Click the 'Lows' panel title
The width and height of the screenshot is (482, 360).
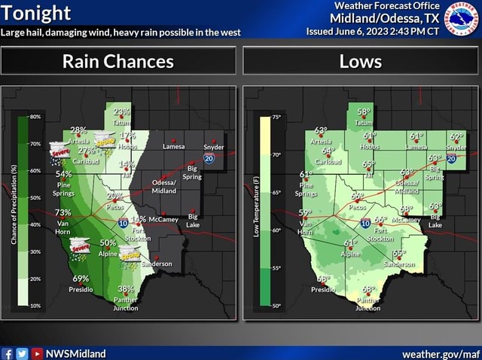point(361,62)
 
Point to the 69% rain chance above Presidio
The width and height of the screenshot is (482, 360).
point(81,279)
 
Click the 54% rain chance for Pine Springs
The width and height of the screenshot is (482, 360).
point(64,174)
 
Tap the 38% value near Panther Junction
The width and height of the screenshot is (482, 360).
point(126,289)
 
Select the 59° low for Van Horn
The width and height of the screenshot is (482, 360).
point(306,212)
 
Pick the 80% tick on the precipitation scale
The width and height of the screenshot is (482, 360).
point(35,117)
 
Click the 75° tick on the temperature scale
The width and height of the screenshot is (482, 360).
point(276,117)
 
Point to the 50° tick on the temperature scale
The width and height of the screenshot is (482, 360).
point(276,307)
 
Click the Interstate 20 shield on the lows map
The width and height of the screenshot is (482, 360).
point(452,159)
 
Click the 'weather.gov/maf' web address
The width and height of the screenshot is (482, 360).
point(440,352)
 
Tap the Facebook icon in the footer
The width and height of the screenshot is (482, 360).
point(8,353)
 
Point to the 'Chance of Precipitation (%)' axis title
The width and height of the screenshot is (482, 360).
point(14,204)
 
